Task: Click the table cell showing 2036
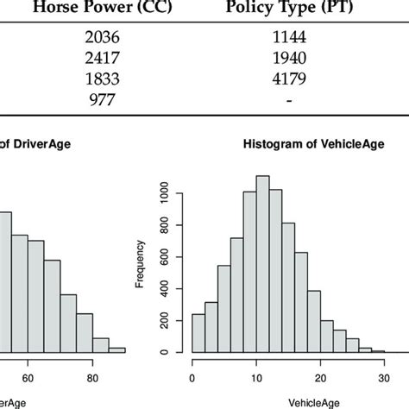click(96, 38)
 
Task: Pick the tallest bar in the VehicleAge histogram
click(263, 264)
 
